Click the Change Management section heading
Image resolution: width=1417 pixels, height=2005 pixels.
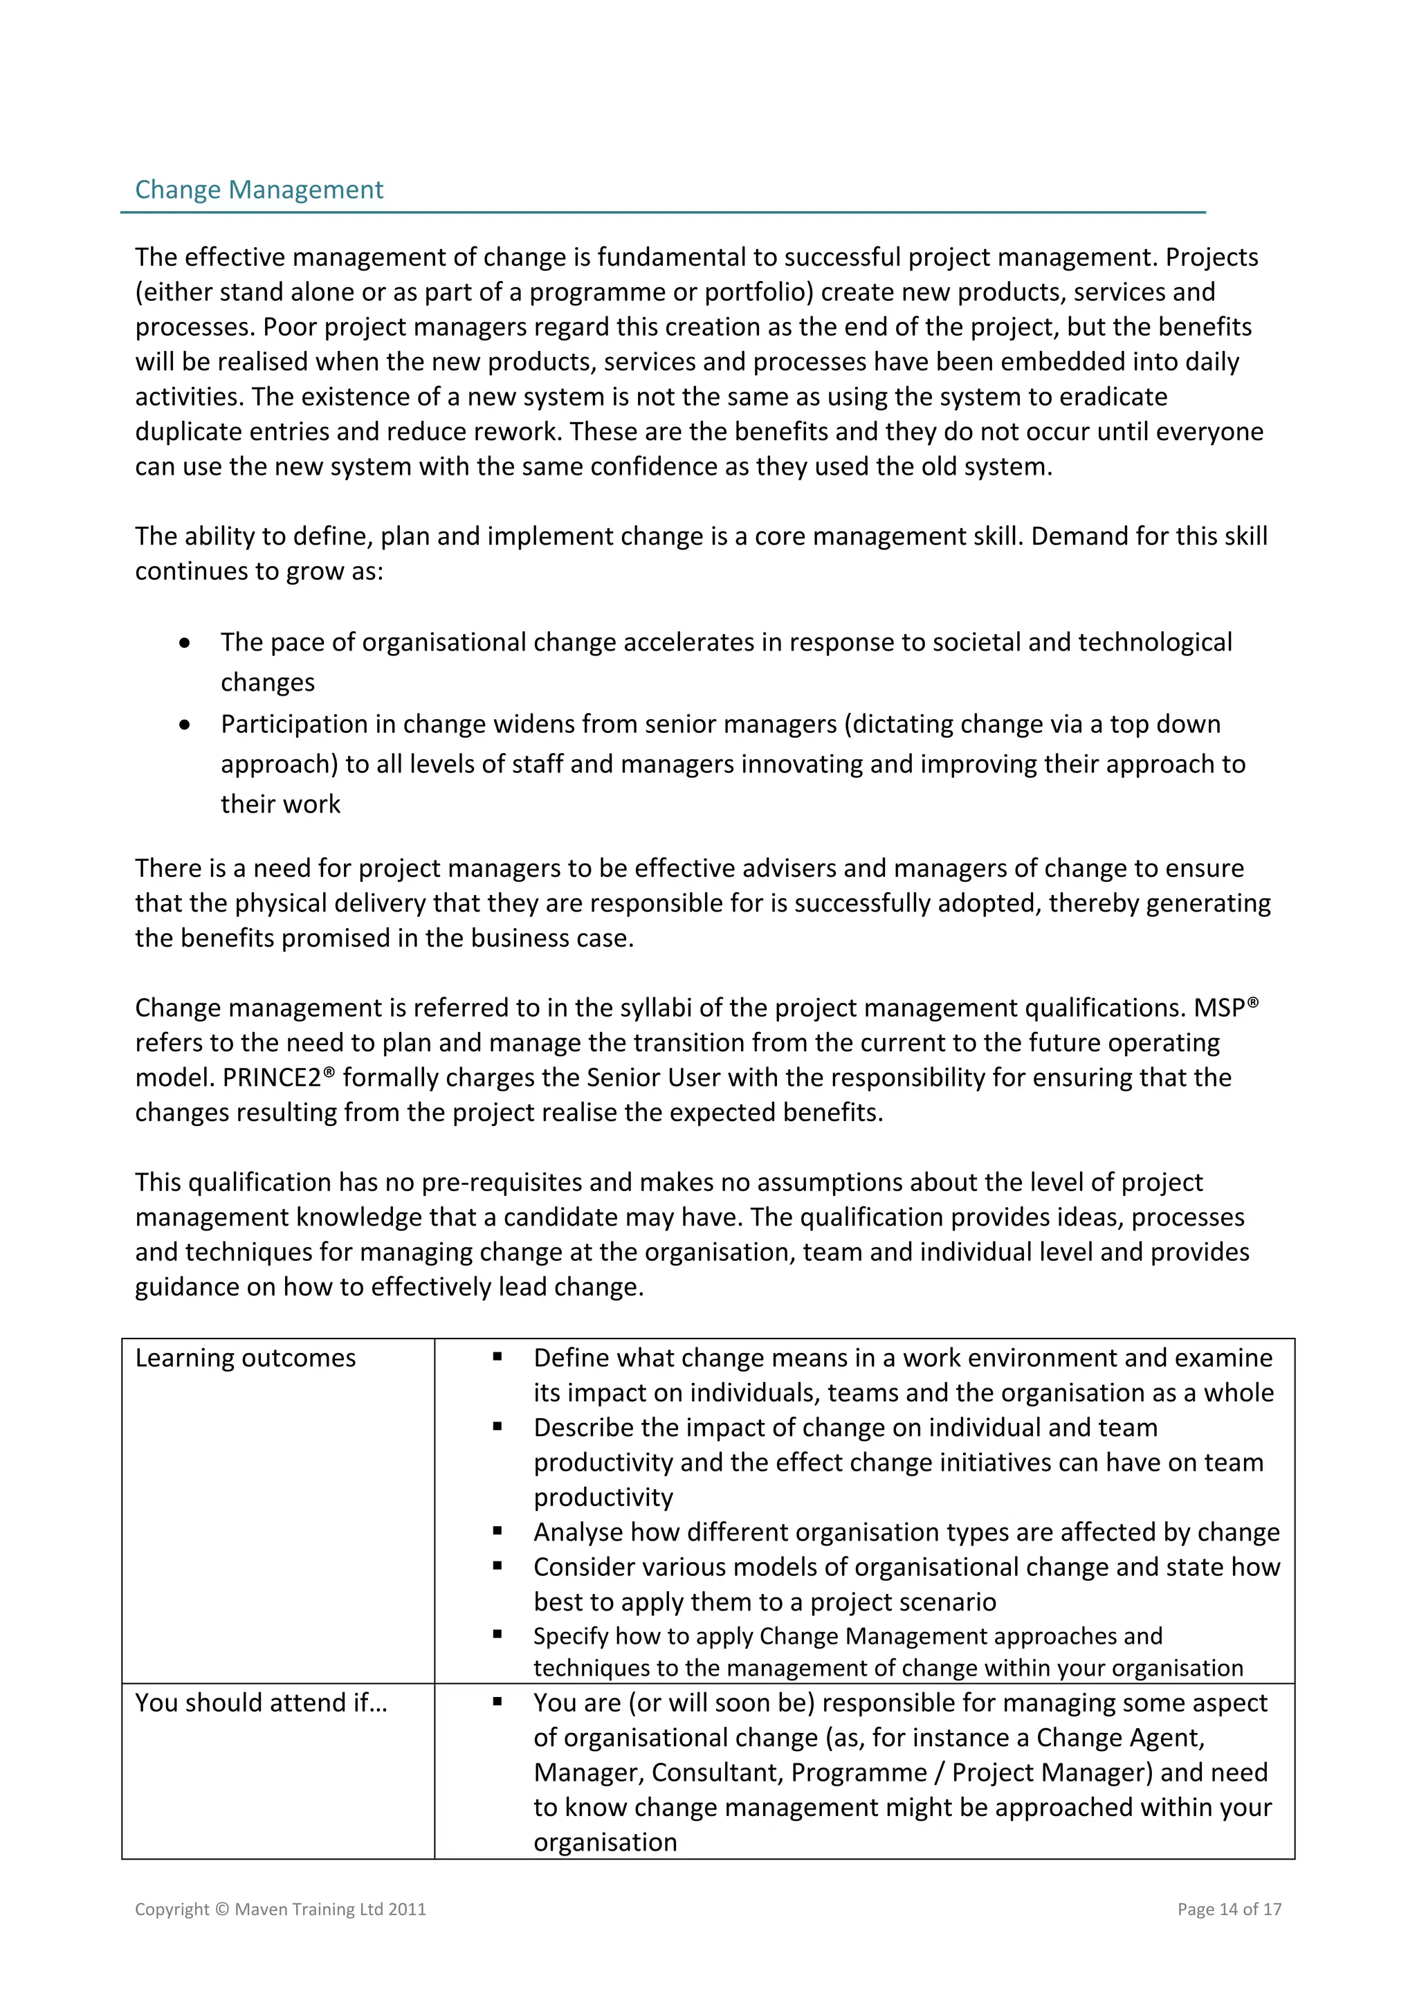259,190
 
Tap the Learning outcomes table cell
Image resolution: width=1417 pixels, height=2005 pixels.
246,1358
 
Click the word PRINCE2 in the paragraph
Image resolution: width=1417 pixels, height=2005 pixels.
271,1078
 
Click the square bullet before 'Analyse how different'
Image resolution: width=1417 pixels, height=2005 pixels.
497,1531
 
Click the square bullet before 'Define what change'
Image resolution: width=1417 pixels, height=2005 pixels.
497,1357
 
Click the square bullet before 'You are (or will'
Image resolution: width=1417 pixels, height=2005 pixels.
497,1701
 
